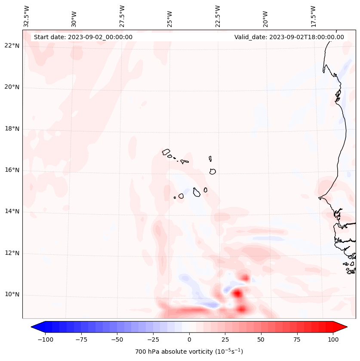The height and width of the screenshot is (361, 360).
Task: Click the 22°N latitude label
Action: click(x=12, y=46)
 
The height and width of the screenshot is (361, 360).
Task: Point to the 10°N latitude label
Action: click(x=12, y=295)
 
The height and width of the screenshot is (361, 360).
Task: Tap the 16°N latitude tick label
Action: click(x=12, y=170)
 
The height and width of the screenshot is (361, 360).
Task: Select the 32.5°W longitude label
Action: click(x=27, y=16)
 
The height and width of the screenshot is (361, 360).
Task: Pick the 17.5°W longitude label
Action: click(x=313, y=16)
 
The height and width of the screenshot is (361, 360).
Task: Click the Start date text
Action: click(x=83, y=37)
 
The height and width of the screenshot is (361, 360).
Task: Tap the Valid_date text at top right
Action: click(x=289, y=37)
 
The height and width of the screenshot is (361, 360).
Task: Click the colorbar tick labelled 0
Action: click(x=189, y=339)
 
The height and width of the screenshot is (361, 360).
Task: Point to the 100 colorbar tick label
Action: click(x=333, y=339)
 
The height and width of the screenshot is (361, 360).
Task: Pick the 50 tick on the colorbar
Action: click(x=261, y=339)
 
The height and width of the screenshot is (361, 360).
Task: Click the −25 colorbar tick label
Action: click(x=152, y=339)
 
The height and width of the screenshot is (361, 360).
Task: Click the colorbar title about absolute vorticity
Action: click(x=189, y=352)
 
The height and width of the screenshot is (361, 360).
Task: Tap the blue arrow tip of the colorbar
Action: click(x=34, y=327)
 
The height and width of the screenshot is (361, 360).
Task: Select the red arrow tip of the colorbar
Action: click(x=345, y=327)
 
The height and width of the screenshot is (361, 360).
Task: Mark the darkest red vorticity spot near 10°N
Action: click(x=237, y=294)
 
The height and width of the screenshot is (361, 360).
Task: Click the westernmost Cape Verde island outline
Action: click(x=166, y=151)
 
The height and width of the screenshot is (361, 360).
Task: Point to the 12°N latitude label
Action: click(x=12, y=253)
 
